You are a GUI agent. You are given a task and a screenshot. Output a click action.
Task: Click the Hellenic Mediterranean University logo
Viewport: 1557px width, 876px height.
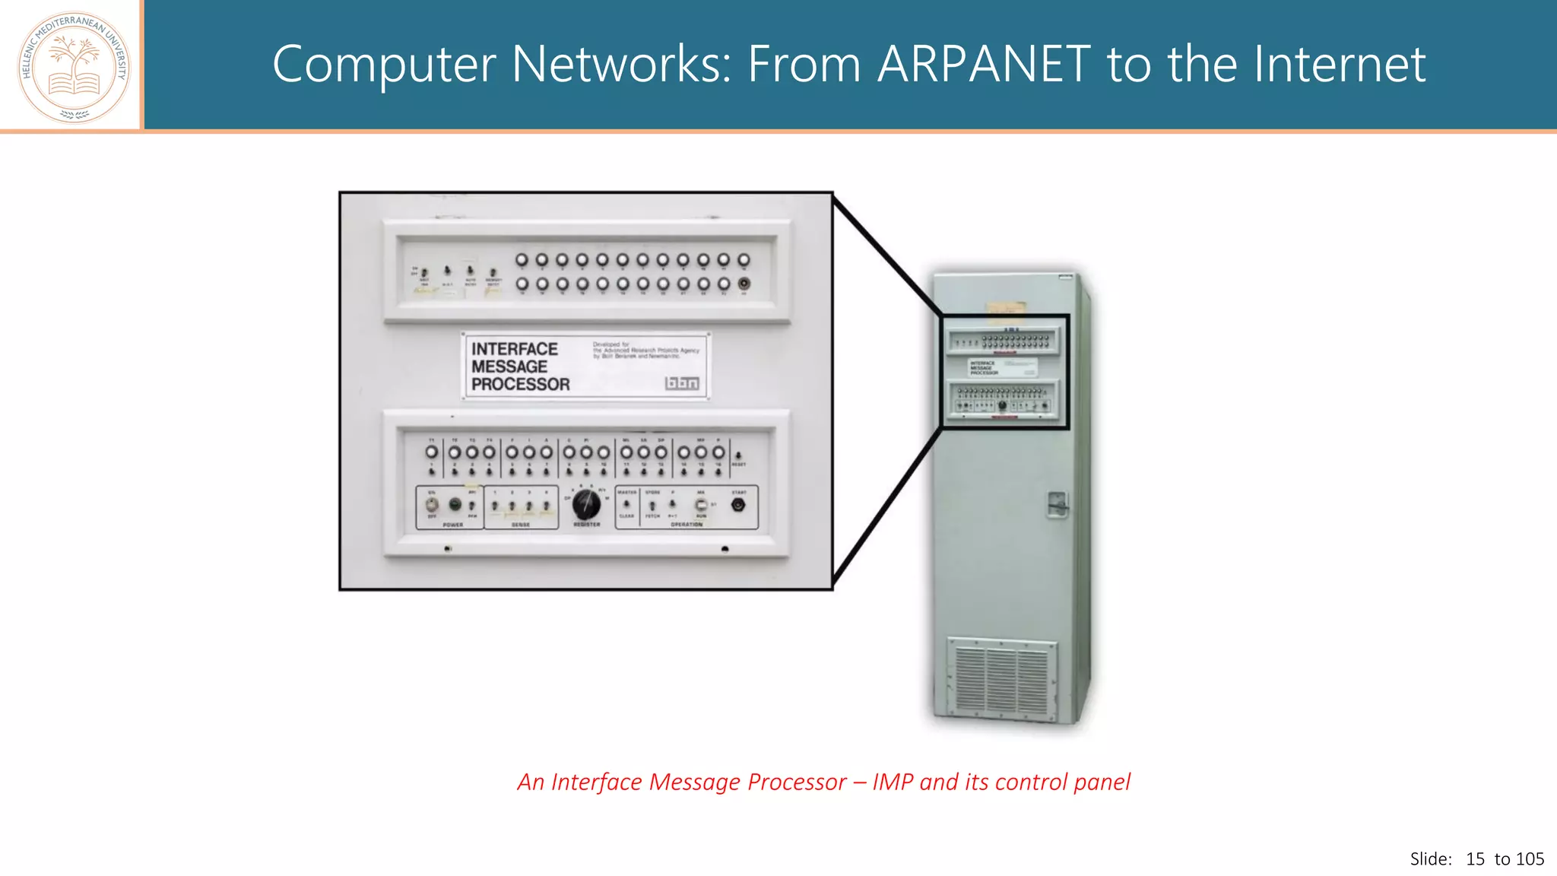point(74,67)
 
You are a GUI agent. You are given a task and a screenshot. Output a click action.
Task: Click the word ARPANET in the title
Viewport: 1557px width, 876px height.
point(985,64)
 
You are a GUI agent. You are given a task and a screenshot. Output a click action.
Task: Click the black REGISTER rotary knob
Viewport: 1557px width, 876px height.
point(585,504)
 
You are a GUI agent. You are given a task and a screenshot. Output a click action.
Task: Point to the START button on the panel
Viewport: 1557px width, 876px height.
point(738,505)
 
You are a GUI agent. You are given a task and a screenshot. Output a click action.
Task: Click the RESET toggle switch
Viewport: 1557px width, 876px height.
point(738,455)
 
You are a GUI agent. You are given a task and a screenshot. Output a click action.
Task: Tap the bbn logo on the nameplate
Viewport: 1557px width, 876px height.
point(682,383)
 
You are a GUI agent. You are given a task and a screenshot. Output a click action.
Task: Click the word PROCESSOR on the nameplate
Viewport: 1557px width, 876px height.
point(520,385)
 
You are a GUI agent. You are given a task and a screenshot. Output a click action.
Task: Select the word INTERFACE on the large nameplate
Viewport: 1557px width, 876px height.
point(515,349)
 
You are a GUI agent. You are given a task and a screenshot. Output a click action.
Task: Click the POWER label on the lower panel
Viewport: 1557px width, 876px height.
point(453,525)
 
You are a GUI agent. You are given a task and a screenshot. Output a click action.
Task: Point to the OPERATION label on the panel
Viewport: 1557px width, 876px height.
point(687,525)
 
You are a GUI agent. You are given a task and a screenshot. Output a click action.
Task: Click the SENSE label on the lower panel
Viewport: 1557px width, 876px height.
point(521,525)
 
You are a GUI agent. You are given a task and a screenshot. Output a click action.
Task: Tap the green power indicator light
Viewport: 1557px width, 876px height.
point(455,504)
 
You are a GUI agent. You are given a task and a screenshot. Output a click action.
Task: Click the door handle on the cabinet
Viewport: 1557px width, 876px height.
point(1057,504)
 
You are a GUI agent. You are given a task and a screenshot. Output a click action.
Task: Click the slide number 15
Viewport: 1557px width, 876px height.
point(1475,859)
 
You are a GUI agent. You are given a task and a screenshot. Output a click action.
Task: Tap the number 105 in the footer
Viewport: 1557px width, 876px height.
point(1530,859)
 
